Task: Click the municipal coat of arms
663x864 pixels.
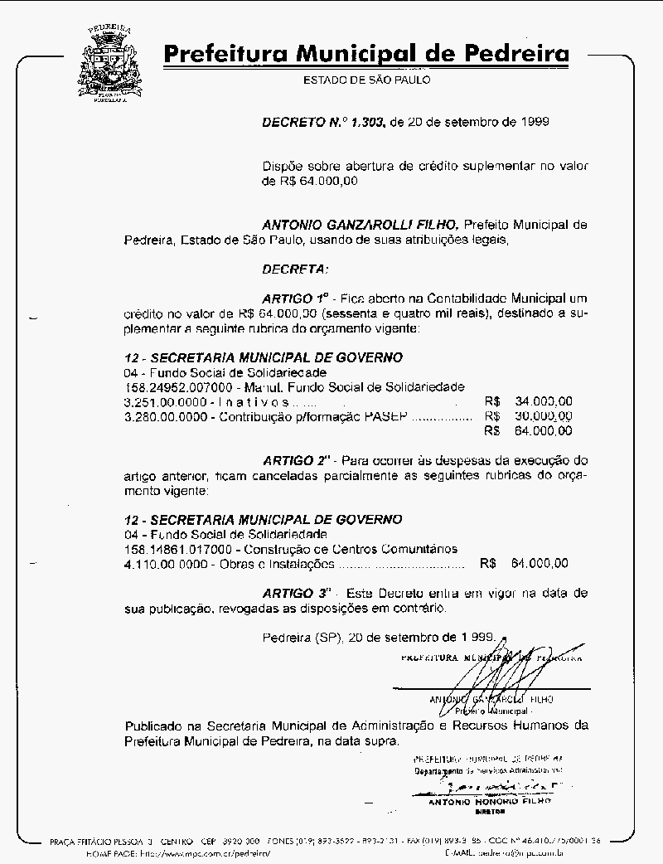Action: coord(109,63)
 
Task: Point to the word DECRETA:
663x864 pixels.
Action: coord(295,269)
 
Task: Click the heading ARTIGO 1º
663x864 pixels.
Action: coord(296,297)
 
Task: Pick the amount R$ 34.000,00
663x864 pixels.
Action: coord(529,401)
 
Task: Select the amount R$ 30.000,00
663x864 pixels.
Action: coord(529,416)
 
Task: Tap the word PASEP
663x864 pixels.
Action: coord(386,416)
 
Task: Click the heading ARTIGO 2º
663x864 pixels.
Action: coord(297,459)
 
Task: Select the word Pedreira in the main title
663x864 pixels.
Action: coord(516,55)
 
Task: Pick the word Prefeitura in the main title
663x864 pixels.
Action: coord(217,55)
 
